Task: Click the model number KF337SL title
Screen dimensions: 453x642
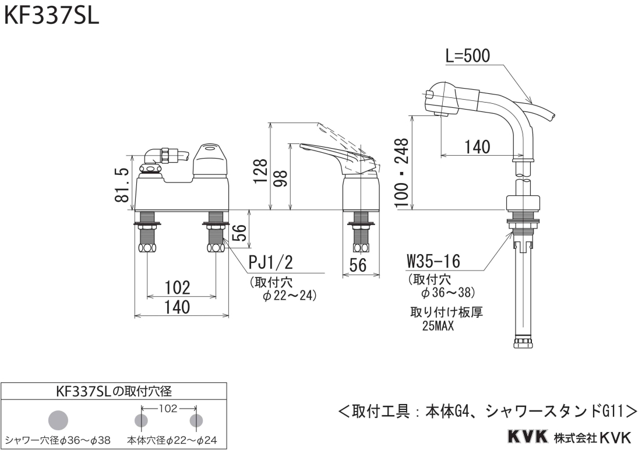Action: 52,15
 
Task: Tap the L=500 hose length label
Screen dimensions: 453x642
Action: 467,56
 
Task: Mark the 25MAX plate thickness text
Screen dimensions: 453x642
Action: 438,327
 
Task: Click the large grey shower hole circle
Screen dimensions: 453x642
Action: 58,420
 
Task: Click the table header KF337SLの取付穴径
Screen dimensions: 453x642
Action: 114,391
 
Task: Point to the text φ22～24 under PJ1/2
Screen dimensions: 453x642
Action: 290,296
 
